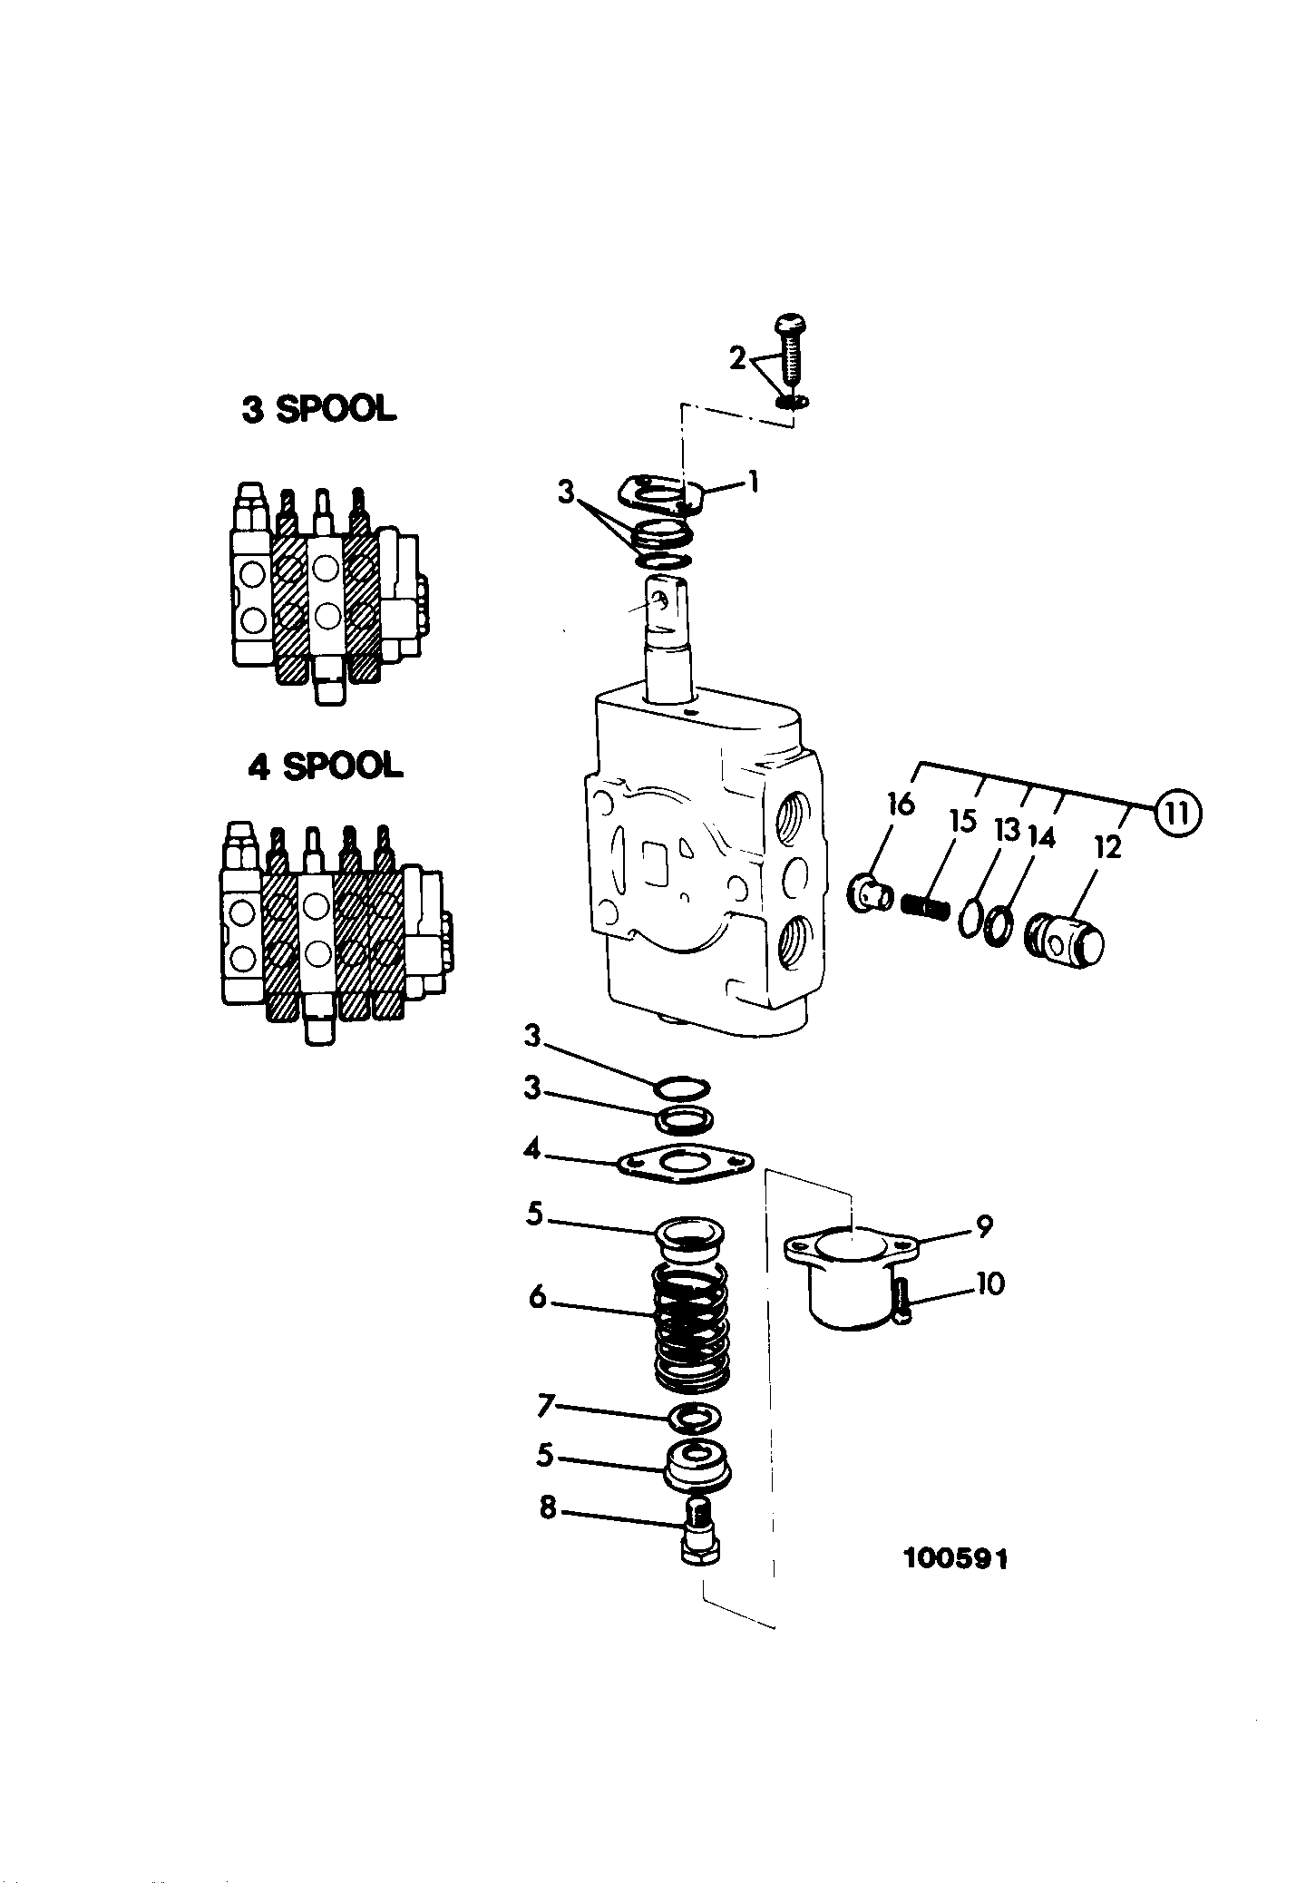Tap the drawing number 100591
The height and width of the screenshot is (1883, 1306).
(x=955, y=1559)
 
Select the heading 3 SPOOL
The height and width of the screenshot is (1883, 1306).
(x=318, y=409)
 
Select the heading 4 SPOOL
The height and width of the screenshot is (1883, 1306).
(x=325, y=766)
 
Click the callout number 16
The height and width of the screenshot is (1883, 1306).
(x=902, y=804)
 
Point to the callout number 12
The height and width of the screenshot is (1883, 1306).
(x=1108, y=847)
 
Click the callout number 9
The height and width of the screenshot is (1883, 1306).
(x=984, y=1226)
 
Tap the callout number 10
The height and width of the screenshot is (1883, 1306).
(x=990, y=1283)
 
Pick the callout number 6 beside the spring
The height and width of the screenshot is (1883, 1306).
(x=538, y=1297)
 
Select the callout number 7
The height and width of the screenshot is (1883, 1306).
(x=545, y=1406)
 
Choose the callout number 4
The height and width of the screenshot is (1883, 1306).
(x=531, y=1151)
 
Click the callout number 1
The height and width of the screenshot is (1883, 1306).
(x=752, y=483)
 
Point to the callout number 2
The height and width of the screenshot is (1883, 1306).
(x=737, y=358)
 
